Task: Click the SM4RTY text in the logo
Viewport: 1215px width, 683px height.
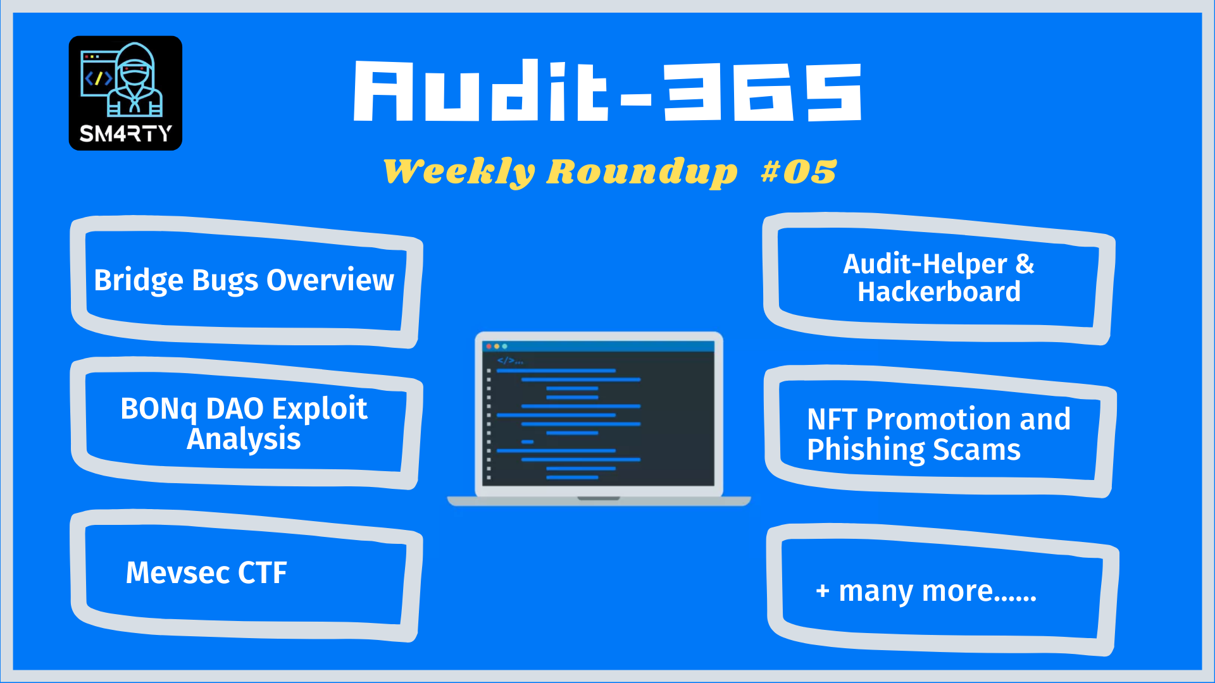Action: coord(125,133)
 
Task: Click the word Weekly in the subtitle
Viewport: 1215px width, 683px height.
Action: coord(459,171)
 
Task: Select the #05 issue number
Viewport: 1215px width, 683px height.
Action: coord(799,171)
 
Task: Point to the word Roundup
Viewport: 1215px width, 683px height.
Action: coord(642,171)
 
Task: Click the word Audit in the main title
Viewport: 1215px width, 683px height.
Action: coord(481,92)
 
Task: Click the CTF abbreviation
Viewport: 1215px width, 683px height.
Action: coord(262,573)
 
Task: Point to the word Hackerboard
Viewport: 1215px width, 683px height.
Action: coord(938,292)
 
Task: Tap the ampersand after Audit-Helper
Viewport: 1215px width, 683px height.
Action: coord(1025,264)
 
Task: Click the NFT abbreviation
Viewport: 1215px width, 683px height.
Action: coord(832,419)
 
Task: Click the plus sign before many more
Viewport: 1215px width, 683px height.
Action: coord(823,591)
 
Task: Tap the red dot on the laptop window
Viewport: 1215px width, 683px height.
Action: coord(489,347)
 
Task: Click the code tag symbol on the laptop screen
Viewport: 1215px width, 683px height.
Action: coord(506,360)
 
